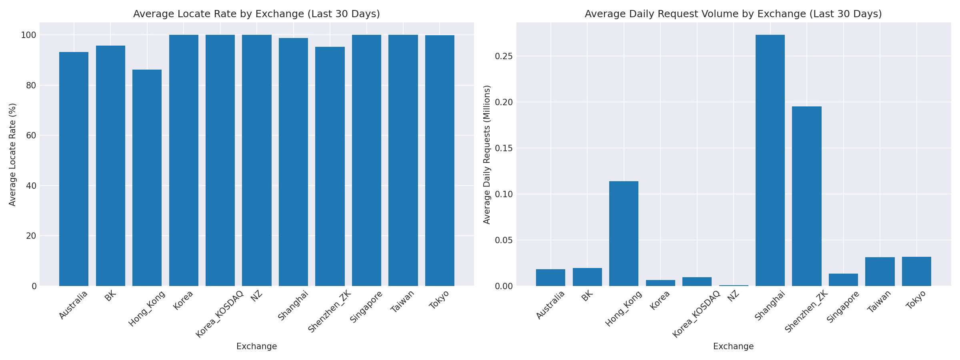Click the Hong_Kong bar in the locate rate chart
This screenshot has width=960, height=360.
pyautogui.click(x=147, y=178)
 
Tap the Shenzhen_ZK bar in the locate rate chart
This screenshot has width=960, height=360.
pyautogui.click(x=330, y=166)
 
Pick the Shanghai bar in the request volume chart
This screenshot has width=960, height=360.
pyautogui.click(x=770, y=160)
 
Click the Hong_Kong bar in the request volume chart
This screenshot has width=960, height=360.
pyautogui.click(x=624, y=234)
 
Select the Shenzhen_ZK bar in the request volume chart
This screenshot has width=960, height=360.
pyautogui.click(x=806, y=196)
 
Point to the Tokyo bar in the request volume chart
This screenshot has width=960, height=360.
pyautogui.click(x=916, y=272)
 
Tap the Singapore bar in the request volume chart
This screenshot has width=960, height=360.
pyautogui.click(x=843, y=280)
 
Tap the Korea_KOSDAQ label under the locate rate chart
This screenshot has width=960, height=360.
pyautogui.click(x=220, y=314)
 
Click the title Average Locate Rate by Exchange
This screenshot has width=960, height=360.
pyautogui.click(x=256, y=14)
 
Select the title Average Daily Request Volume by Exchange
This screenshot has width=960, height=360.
pyautogui.click(x=733, y=14)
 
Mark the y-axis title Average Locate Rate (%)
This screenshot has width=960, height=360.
pyautogui.click(x=12, y=154)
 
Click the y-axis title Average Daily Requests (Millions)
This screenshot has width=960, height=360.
pyautogui.click(x=487, y=154)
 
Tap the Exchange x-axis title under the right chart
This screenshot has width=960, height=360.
pyautogui.click(x=733, y=346)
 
